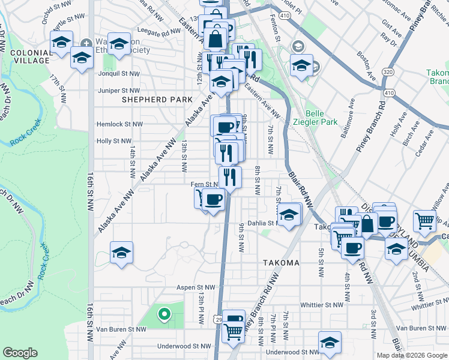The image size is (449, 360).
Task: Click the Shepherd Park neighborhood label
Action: tap(158, 100)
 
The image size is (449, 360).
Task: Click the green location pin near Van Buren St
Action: tap(163, 313)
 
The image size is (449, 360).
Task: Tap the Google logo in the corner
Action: tap(20, 353)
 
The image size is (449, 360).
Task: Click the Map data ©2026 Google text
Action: tap(412, 355)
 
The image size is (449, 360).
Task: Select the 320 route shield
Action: tap(389, 70)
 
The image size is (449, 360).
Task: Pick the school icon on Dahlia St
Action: tap(289, 214)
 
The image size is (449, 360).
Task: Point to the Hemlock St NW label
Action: tap(120, 124)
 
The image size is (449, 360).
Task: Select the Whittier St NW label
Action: tap(322, 305)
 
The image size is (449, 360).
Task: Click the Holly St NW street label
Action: tap(114, 141)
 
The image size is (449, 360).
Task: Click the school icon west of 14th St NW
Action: tap(121, 253)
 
